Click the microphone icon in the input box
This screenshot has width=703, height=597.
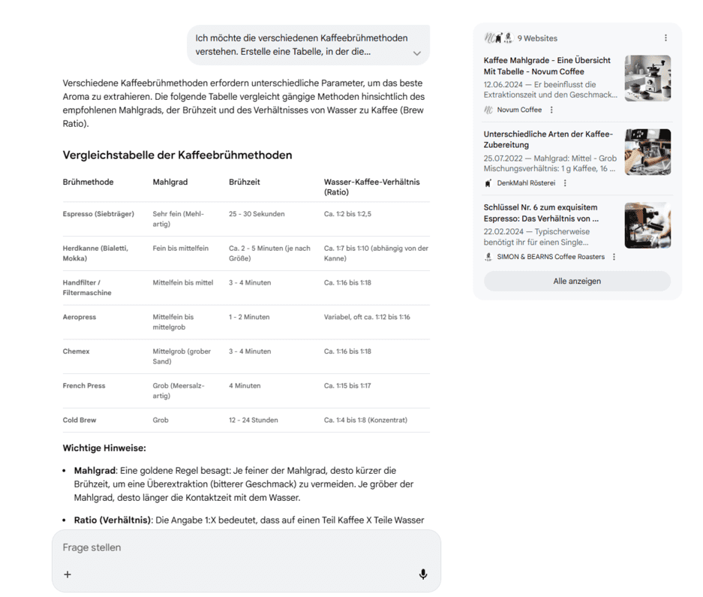pyautogui.click(x=423, y=574)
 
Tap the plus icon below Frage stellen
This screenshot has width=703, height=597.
pyautogui.click(x=68, y=574)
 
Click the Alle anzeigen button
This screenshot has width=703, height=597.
pyautogui.click(x=576, y=281)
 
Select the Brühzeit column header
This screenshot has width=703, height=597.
pyautogui.click(x=245, y=182)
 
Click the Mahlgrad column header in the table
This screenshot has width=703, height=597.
pyautogui.click(x=170, y=182)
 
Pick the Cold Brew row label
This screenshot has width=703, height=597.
pyautogui.click(x=80, y=420)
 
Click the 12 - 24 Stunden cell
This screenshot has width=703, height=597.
pyautogui.click(x=253, y=420)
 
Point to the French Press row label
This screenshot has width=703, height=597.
pyautogui.click(x=84, y=385)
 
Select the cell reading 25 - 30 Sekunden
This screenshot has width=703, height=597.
pyautogui.click(x=257, y=214)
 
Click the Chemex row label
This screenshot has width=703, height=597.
pyautogui.click(x=76, y=351)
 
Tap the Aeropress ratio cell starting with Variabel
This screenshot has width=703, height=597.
pyautogui.click(x=367, y=317)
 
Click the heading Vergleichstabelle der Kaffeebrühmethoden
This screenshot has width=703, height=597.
pyautogui.click(x=177, y=155)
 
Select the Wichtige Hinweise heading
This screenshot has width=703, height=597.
pyautogui.click(x=104, y=448)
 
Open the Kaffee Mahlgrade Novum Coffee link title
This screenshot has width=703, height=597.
pyautogui.click(x=547, y=65)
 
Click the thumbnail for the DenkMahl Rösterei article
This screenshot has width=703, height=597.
pyautogui.click(x=647, y=152)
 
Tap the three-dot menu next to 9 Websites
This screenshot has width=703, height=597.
pyautogui.click(x=665, y=38)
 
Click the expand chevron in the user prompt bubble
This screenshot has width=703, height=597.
pyautogui.click(x=417, y=53)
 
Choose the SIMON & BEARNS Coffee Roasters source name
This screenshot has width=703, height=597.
pyautogui.click(x=550, y=257)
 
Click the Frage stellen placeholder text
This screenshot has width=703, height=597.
pyautogui.click(x=92, y=547)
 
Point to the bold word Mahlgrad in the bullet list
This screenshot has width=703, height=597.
pyautogui.click(x=95, y=471)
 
